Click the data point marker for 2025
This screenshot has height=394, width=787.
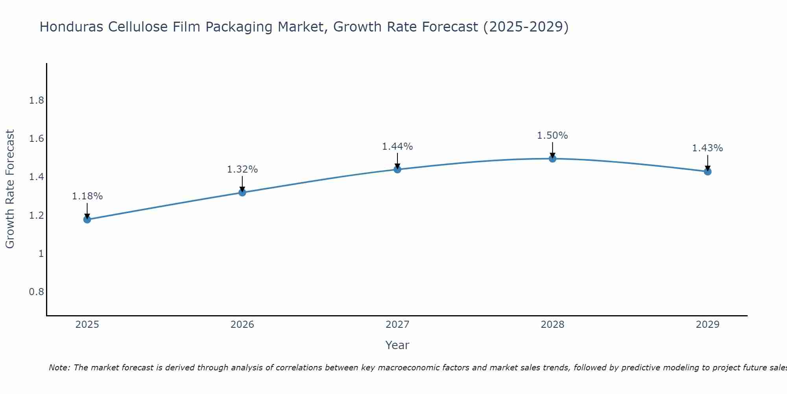pos(87,219)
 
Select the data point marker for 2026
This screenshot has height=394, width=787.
pos(242,192)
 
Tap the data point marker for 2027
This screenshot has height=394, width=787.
pos(397,169)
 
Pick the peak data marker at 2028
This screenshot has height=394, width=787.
pos(552,159)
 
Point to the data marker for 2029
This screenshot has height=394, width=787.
pos(708,171)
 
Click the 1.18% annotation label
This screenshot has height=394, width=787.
pos(87,196)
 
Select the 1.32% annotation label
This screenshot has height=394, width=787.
pos(242,169)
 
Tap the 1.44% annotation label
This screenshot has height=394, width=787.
pos(397,147)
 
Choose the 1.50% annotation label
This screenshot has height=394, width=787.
pos(552,136)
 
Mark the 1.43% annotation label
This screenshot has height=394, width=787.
pos(708,148)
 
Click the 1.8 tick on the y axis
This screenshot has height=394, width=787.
pos(37,100)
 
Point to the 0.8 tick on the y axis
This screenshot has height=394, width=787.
pos(37,292)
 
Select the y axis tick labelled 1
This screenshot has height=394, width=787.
pos(41,254)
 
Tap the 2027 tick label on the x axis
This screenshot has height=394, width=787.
pos(397,325)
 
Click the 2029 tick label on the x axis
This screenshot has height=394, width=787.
pos(708,325)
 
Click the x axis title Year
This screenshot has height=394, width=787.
pos(397,345)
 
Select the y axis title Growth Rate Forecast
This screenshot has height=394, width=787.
pos(10,189)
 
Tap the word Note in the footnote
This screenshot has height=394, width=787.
pos(59,368)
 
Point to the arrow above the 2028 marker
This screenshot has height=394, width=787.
pos(552,150)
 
